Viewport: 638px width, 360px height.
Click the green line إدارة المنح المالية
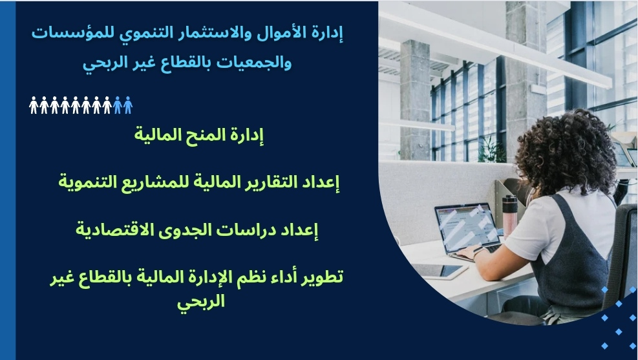click(x=199, y=134)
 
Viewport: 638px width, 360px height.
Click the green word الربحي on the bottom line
click(x=201, y=301)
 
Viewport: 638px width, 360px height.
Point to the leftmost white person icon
click(x=34, y=105)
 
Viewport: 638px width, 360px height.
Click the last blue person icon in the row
click(x=128, y=105)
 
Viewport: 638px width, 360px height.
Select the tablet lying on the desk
click(x=439, y=271)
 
